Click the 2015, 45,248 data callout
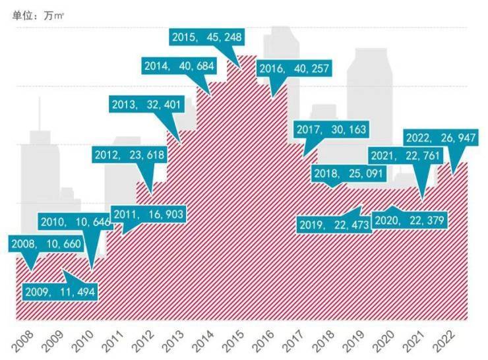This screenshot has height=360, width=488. pyautogui.click(x=206, y=38)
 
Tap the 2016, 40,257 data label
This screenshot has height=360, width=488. pyautogui.click(x=294, y=69)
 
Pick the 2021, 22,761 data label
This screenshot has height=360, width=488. pyautogui.click(x=405, y=156)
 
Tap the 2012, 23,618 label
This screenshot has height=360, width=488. pyautogui.click(x=130, y=155)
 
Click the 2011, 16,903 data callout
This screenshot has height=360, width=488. pyautogui.click(x=148, y=214)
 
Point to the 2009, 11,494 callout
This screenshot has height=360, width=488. pyautogui.click(x=61, y=291)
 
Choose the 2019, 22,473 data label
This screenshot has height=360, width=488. pyautogui.click(x=329, y=225)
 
